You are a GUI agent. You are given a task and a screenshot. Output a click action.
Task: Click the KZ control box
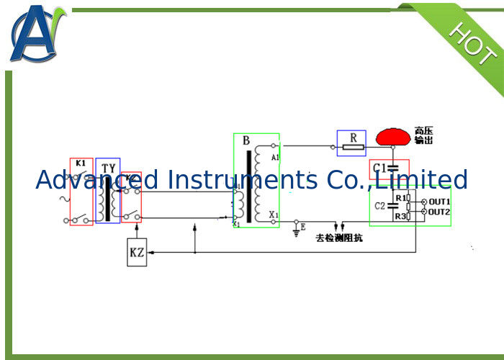tap(137, 252)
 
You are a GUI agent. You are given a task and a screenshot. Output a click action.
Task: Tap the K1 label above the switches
tap(81, 163)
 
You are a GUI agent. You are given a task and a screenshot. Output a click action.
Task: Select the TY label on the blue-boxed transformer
tap(108, 168)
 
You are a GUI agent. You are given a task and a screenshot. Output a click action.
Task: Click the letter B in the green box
tap(246, 140)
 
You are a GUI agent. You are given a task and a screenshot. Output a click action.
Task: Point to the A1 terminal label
tap(274, 156)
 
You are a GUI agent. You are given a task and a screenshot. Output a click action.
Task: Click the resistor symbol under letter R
tap(353, 148)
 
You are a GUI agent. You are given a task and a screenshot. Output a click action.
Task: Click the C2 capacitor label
tap(380, 206)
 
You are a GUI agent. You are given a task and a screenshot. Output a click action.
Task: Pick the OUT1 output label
tap(439, 201)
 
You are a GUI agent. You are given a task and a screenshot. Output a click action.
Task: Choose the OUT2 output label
tap(439, 212)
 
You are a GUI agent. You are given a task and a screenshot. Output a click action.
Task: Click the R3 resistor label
tap(400, 216)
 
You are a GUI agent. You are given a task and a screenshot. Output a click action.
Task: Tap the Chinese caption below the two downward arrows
tap(338, 238)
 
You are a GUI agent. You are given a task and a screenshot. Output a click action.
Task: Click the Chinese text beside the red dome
tap(424, 135)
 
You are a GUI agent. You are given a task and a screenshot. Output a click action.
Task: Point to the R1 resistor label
tap(400, 197)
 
